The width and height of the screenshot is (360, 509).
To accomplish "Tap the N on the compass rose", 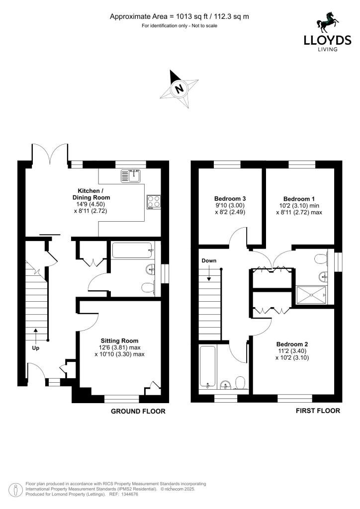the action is [x=179, y=88].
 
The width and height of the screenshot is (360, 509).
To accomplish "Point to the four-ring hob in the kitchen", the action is [x=154, y=202].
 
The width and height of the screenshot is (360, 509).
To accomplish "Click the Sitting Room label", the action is [x=119, y=341].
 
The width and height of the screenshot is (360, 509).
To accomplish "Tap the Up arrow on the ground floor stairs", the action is [x=36, y=334].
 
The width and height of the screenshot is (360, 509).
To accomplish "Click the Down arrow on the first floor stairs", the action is [x=209, y=273].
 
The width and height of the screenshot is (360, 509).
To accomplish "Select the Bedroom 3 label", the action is [x=230, y=199].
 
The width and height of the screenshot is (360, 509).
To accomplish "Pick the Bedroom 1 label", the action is [x=299, y=199].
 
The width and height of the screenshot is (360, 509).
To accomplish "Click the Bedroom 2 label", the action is [x=292, y=344].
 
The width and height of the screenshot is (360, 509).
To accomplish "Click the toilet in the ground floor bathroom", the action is [x=148, y=288].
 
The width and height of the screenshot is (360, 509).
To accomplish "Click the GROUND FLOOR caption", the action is [x=138, y=411].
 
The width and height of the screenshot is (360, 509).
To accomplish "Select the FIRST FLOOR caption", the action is [x=318, y=411].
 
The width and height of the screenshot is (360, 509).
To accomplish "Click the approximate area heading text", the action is [x=180, y=16].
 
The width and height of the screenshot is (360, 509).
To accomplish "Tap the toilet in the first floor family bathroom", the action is [x=241, y=382].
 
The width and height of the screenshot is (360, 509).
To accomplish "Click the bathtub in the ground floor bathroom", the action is [x=132, y=251].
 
